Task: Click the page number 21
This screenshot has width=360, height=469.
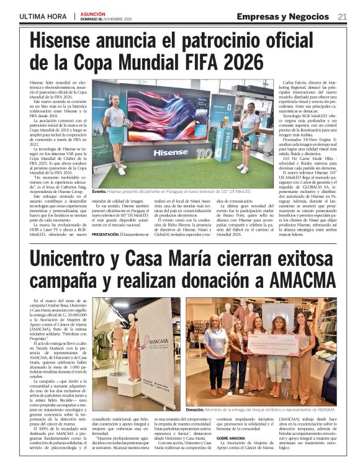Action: pyautogui.click(x=342, y=16)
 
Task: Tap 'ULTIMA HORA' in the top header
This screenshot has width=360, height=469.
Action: pyautogui.click(x=43, y=16)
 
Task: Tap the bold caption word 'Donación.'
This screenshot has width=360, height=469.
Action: pyautogui.click(x=197, y=411)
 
